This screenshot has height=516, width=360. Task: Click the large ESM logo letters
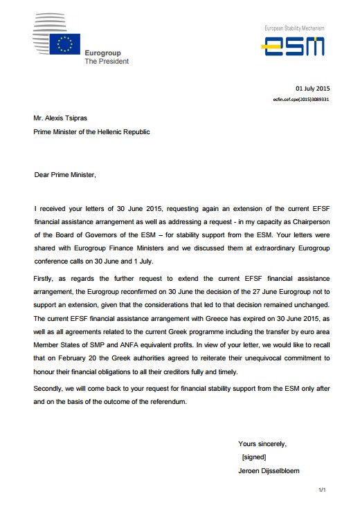tap(294, 46)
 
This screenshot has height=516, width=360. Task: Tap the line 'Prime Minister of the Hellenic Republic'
tap(91, 131)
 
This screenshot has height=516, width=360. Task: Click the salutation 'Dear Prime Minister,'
tap(66, 175)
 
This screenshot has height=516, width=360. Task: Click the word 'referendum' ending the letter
tap(167, 401)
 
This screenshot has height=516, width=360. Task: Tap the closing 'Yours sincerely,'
tap(262, 443)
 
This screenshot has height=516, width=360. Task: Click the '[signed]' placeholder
tap(254, 457)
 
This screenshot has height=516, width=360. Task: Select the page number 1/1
tap(321, 490)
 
